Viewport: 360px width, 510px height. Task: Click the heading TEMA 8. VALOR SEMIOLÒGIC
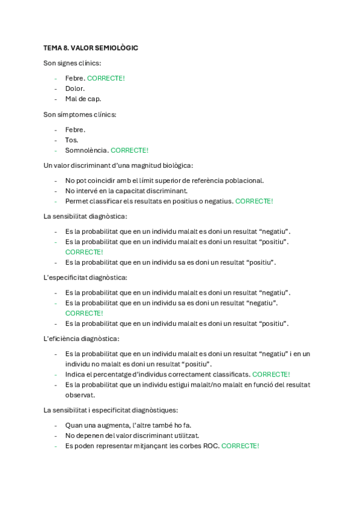pyautogui.click(x=90, y=48)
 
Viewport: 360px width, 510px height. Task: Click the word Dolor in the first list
pyautogui.click(x=75, y=88)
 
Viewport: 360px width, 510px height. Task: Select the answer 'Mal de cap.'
pyautogui.click(x=83, y=99)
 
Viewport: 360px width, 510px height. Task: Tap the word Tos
pyautogui.click(x=72, y=140)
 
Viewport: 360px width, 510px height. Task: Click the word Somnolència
pyautogui.click(x=87, y=150)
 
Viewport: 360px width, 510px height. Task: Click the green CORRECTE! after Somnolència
pyautogui.click(x=129, y=150)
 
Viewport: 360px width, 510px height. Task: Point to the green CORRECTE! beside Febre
pyautogui.click(x=106, y=78)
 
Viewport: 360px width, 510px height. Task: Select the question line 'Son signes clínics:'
pyautogui.click(x=72, y=63)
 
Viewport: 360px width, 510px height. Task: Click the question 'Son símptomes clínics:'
pyautogui.click(x=80, y=114)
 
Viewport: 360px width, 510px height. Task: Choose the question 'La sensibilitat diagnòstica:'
pyautogui.click(x=85, y=216)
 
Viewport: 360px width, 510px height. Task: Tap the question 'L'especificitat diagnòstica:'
pyautogui.click(x=85, y=277)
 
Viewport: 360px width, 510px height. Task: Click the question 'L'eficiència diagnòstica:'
pyautogui.click(x=81, y=339)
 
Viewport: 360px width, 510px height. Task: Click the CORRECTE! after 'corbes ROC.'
pyautogui.click(x=240, y=446)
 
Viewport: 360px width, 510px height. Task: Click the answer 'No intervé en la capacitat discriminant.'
pyautogui.click(x=126, y=191)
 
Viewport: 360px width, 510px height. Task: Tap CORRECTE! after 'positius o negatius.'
pyautogui.click(x=254, y=201)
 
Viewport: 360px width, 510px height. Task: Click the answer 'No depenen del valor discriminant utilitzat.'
pyautogui.click(x=132, y=435)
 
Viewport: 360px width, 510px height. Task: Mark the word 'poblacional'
pyautogui.click(x=245, y=180)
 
